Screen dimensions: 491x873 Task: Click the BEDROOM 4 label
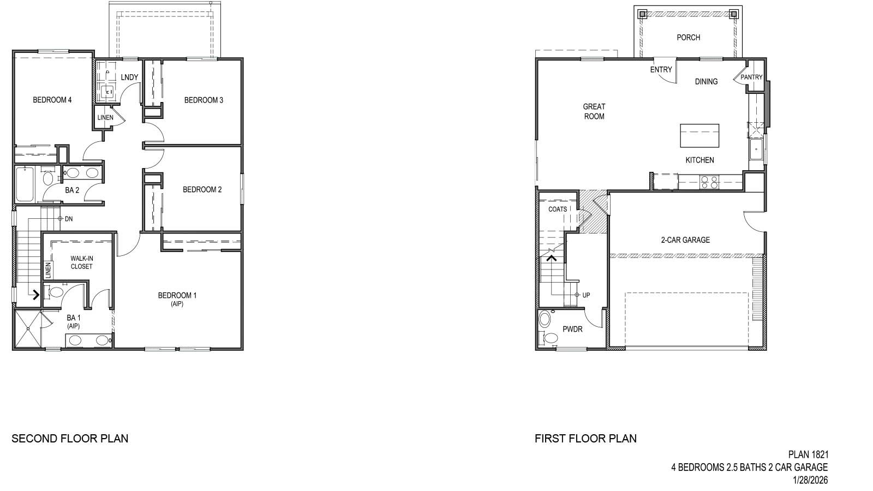[x=52, y=100]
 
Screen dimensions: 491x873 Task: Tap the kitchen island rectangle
[x=699, y=136]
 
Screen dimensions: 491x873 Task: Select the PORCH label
[x=688, y=38]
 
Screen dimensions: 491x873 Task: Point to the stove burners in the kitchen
[x=708, y=182]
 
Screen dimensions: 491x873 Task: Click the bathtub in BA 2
[x=25, y=184]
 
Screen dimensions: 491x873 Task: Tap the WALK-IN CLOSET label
[x=81, y=262]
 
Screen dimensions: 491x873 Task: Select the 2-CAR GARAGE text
[x=685, y=239]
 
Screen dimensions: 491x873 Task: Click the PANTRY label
[x=751, y=77]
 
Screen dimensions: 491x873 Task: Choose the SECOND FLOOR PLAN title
[x=70, y=438]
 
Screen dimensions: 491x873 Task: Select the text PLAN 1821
[x=808, y=454]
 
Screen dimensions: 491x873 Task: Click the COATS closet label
[x=558, y=209]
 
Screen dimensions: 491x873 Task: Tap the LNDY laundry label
[x=129, y=77]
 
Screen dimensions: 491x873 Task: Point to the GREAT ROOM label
[x=594, y=111]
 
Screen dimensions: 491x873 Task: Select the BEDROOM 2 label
[x=202, y=190]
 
